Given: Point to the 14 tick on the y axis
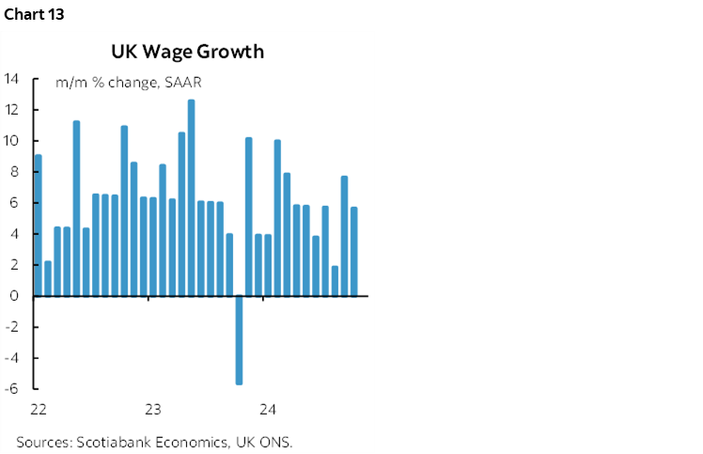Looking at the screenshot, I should click(x=11, y=79).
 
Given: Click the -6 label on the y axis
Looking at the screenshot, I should click(x=11, y=389).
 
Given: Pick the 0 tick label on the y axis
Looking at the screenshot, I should click(x=15, y=296).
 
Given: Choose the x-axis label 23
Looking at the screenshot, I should click(x=153, y=410).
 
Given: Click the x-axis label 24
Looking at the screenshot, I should click(x=267, y=410).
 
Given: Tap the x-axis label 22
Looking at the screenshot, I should click(x=39, y=410).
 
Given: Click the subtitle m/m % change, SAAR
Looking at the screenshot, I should click(x=129, y=83).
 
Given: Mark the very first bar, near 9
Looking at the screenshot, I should click(x=38, y=226).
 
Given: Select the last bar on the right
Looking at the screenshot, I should click(x=353, y=251).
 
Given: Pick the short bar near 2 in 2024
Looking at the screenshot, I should click(x=335, y=280).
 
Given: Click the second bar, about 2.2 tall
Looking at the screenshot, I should click(x=47, y=278).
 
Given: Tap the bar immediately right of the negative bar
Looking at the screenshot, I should click(x=248, y=216).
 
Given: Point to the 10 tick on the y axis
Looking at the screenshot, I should click(x=11, y=141).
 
